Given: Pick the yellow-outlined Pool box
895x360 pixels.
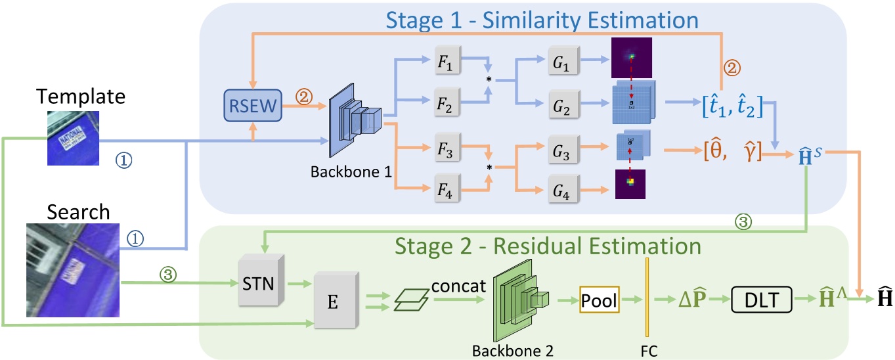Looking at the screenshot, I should [599, 301].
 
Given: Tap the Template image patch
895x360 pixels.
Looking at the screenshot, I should [72, 137].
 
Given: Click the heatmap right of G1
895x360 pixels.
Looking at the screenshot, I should [632, 57].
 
